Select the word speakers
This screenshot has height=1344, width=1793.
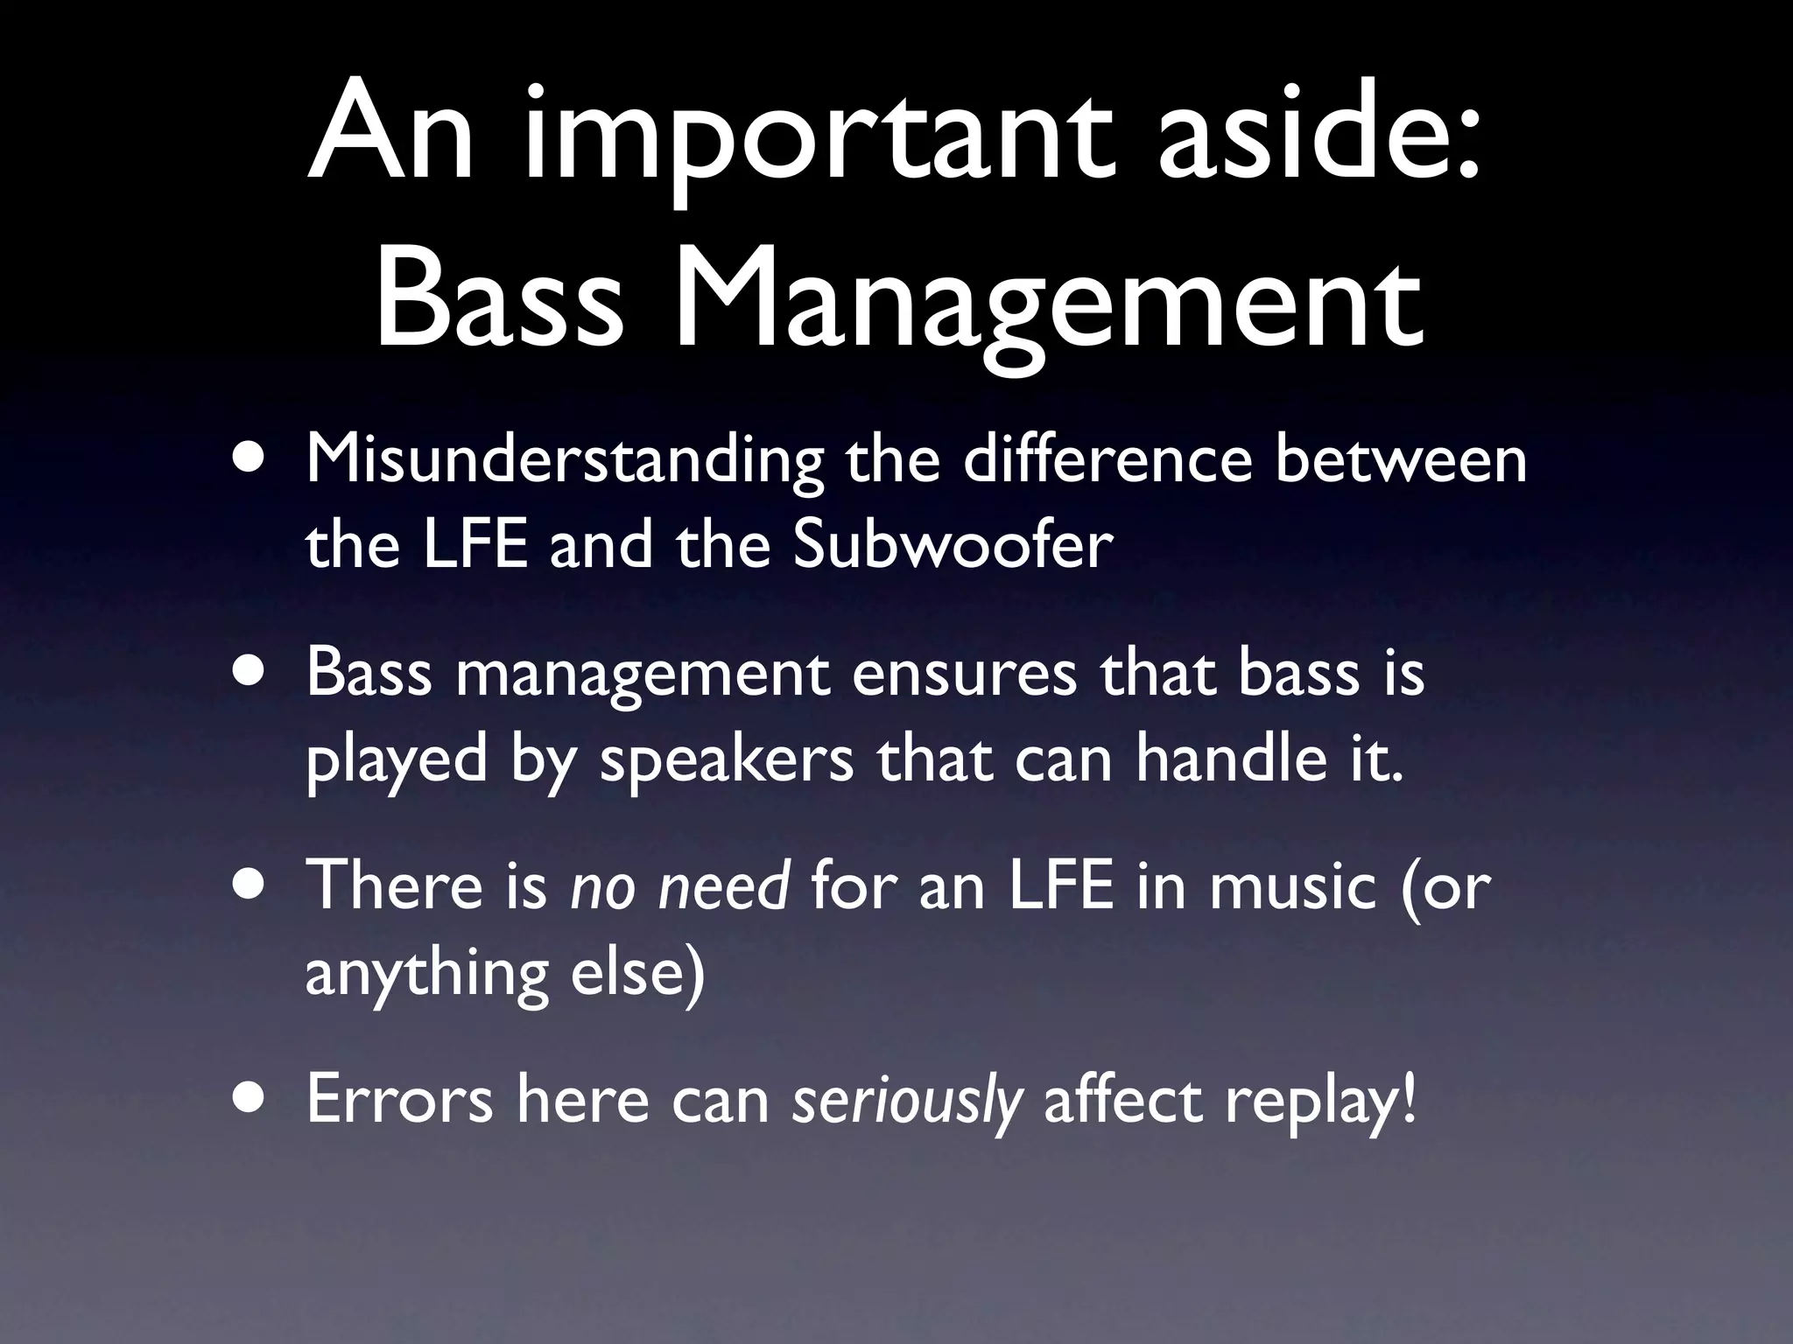pos(727,759)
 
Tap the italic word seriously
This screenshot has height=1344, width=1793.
pos(907,1101)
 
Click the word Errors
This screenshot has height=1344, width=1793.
pos(399,1099)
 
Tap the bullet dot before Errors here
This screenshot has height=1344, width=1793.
pos(253,1101)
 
